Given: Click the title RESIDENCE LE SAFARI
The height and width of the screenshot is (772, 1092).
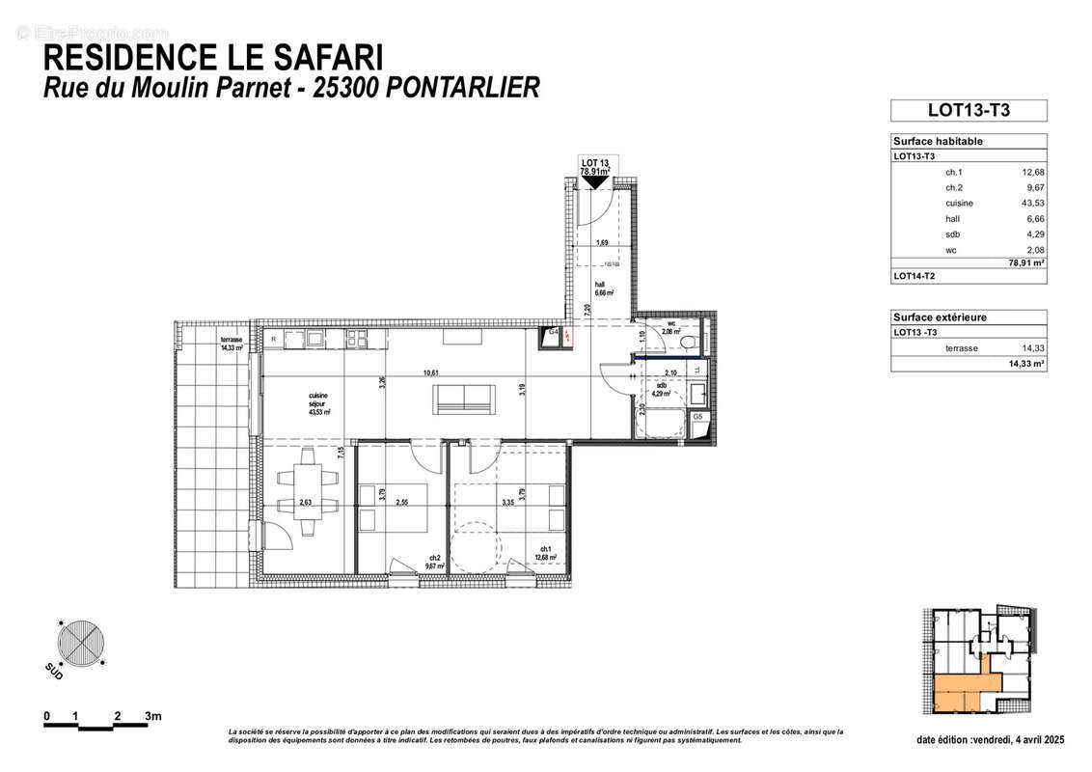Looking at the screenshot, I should click(x=201, y=57).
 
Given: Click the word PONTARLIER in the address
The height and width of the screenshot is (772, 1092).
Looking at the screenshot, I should click(x=463, y=88).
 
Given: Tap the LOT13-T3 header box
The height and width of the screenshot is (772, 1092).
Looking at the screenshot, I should click(x=968, y=110).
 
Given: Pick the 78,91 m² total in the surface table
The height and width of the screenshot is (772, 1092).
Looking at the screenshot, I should click(x=1026, y=262).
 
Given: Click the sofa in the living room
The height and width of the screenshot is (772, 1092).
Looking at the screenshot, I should click(x=465, y=397).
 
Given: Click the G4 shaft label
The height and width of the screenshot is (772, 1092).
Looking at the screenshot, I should click(x=554, y=332).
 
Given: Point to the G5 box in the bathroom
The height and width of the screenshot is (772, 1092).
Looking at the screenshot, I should click(x=696, y=417).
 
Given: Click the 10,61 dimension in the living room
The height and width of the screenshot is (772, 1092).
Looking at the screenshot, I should click(x=430, y=373).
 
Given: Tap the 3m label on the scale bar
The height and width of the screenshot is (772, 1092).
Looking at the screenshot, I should click(x=153, y=716).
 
